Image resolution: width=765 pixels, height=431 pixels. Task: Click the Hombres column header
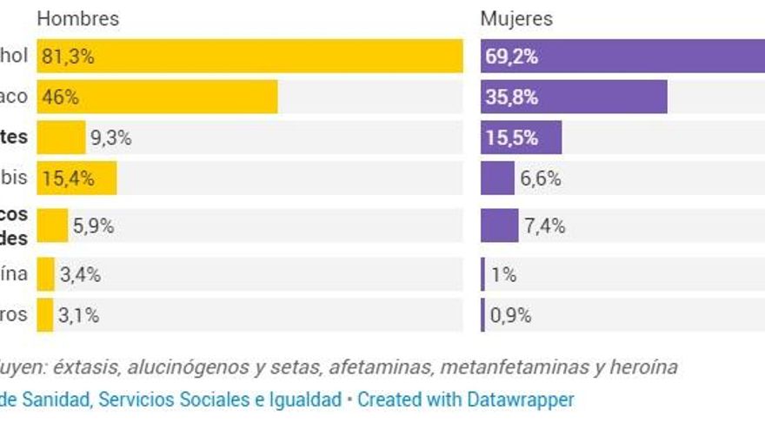pyautogui.click(x=78, y=19)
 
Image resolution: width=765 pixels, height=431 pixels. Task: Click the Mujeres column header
pyautogui.click(x=516, y=19)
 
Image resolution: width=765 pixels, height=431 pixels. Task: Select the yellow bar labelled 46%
pyautogui.click(x=156, y=98)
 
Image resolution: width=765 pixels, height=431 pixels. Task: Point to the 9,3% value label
pyautogui.click(x=111, y=138)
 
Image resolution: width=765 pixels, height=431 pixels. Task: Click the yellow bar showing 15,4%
pyautogui.click(x=76, y=178)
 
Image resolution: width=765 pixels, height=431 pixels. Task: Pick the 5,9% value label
pyautogui.click(x=94, y=226)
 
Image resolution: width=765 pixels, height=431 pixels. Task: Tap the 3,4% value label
pyautogui.click(x=80, y=275)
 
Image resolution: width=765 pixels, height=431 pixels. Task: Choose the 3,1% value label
pyautogui.click(x=78, y=315)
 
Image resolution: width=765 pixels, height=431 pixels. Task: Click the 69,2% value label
pyautogui.click(x=512, y=57)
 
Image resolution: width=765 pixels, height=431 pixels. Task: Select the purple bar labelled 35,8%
pyautogui.click(x=574, y=98)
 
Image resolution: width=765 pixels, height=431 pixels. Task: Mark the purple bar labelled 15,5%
pyautogui.click(x=521, y=138)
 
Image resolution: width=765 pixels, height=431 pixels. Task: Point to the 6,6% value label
pyautogui.click(x=541, y=178)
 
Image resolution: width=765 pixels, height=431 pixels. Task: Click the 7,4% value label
pyautogui.click(x=545, y=226)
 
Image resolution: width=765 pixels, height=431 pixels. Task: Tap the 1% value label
pyautogui.click(x=504, y=275)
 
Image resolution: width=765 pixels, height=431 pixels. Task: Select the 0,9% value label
pyautogui.click(x=511, y=315)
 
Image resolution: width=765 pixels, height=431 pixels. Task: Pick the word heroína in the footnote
pyautogui.click(x=639, y=367)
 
